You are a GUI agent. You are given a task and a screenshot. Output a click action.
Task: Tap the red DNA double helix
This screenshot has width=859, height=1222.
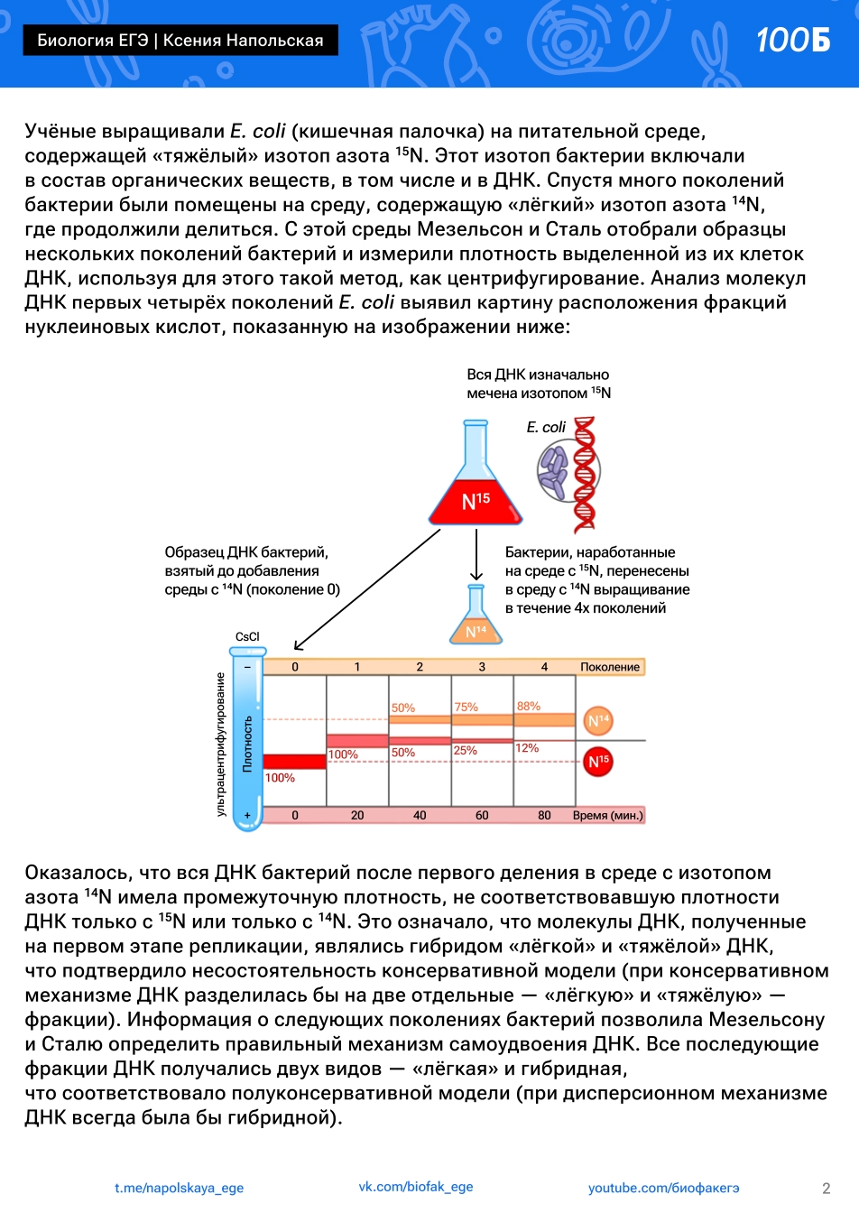coord(585,473)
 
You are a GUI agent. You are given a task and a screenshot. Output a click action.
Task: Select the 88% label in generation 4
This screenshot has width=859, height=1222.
coord(529,707)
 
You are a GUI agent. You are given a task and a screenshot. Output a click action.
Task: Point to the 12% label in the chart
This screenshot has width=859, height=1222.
coord(527,748)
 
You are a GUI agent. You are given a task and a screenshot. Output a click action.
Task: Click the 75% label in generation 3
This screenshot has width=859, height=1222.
coord(466,708)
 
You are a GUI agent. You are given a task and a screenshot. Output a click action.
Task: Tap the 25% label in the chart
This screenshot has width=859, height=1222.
coord(465,751)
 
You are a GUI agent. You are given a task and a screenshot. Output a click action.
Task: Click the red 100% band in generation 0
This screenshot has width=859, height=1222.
coord(294,762)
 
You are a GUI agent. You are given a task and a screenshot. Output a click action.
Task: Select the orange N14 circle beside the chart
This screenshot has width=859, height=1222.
coord(598,720)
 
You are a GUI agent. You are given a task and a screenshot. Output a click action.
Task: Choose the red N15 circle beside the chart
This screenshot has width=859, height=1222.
coord(598,762)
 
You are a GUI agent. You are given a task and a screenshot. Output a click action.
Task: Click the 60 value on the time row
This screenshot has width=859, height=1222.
coord(482,815)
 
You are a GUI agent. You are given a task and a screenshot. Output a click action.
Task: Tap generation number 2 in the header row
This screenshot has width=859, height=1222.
coord(420,667)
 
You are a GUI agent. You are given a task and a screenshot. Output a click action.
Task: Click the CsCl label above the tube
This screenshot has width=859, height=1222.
coord(247,637)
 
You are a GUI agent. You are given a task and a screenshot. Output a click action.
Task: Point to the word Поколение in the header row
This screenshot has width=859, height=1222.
coord(610,667)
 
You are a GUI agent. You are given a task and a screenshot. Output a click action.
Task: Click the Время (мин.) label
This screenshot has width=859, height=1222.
coord(608,815)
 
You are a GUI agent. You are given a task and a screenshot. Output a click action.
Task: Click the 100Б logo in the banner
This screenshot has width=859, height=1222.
coord(793,40)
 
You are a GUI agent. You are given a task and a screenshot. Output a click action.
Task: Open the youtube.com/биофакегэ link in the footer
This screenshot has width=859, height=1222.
coord(663,1188)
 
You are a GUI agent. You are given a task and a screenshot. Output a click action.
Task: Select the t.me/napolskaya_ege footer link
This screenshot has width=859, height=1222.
coord(179,1188)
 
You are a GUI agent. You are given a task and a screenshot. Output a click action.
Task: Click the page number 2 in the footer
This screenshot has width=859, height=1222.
coord(826,1189)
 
